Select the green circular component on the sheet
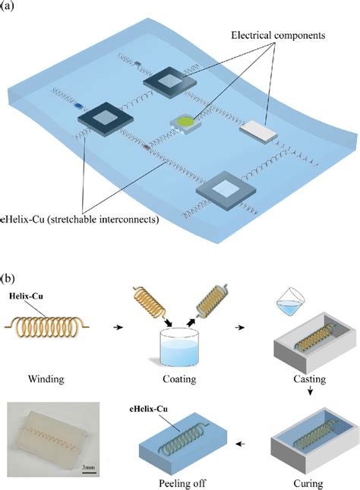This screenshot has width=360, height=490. (185, 120)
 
